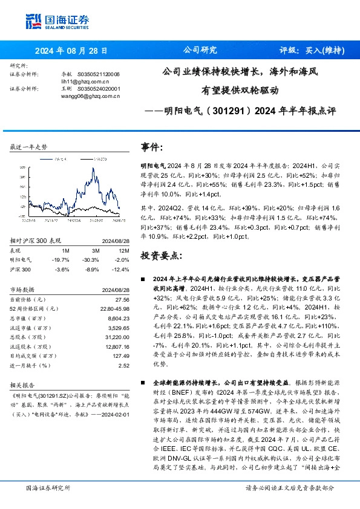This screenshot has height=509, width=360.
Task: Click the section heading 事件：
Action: [152, 147]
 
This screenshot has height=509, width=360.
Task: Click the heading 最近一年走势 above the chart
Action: [29, 147]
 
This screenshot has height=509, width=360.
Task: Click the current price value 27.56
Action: [122, 299]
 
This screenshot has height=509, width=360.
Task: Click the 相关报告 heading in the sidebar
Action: [24, 384]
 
